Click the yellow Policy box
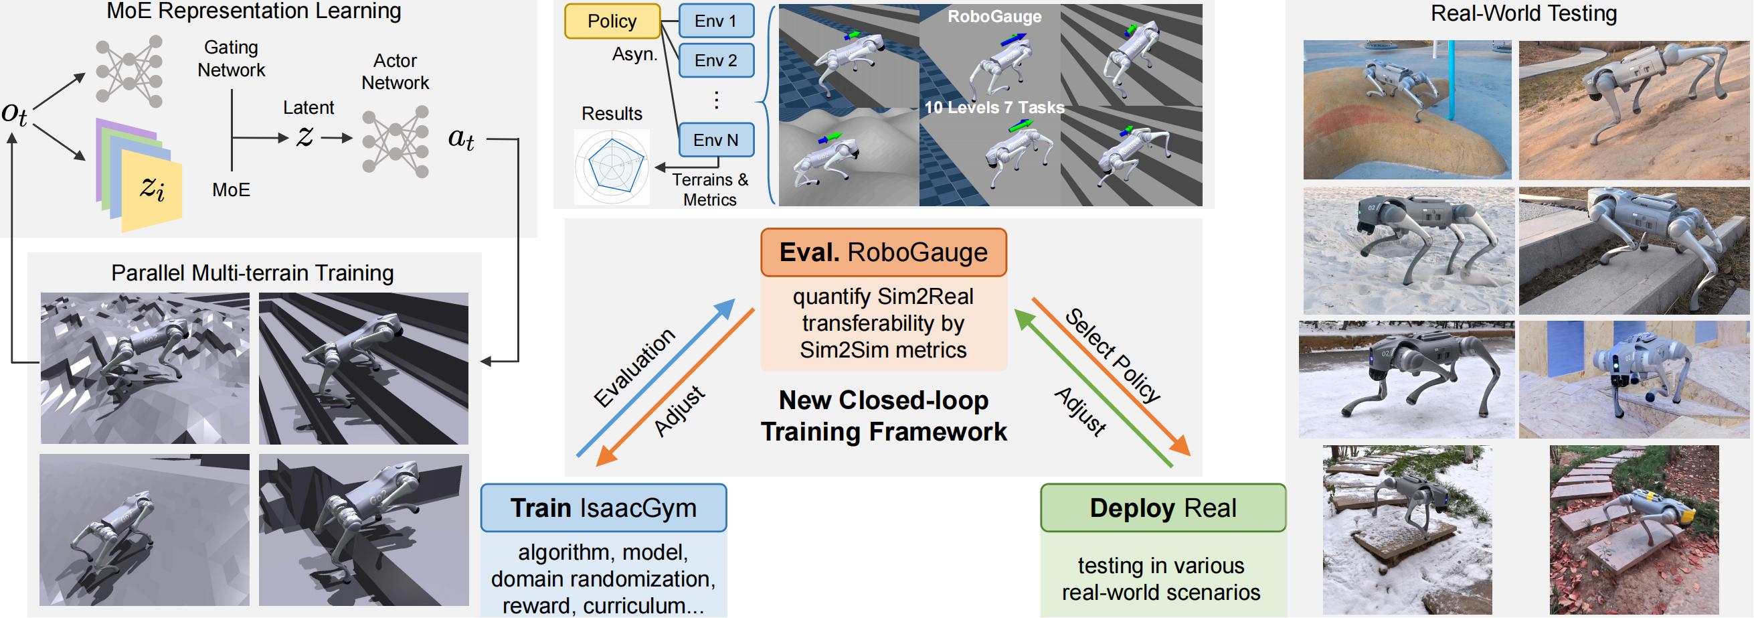click(612, 21)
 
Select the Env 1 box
click(715, 21)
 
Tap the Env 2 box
click(715, 61)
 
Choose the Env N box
click(715, 140)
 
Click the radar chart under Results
click(612, 167)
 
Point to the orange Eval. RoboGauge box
click(883, 253)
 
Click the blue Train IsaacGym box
click(603, 508)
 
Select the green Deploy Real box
click(1162, 508)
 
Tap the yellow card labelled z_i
click(153, 190)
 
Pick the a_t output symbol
click(461, 139)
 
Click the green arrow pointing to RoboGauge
click(1093, 388)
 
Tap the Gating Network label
click(231, 59)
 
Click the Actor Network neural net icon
click(396, 142)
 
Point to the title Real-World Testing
click(1523, 13)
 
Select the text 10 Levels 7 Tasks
click(994, 108)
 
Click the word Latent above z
click(309, 108)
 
